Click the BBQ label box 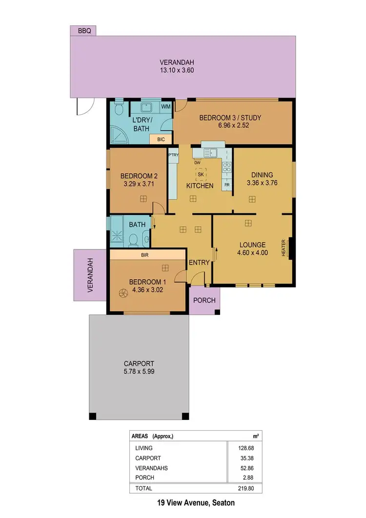(x=83, y=31)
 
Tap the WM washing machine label (x=165, y=106)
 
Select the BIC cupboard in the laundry (x=161, y=140)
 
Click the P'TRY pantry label (x=173, y=155)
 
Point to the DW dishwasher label (x=197, y=163)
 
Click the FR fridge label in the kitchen (x=227, y=185)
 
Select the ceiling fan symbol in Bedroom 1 (x=122, y=293)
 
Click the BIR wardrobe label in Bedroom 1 (x=144, y=255)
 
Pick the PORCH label (x=204, y=300)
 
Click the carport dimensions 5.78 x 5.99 (x=139, y=372)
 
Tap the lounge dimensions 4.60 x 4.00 (x=252, y=253)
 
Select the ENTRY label (x=200, y=262)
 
